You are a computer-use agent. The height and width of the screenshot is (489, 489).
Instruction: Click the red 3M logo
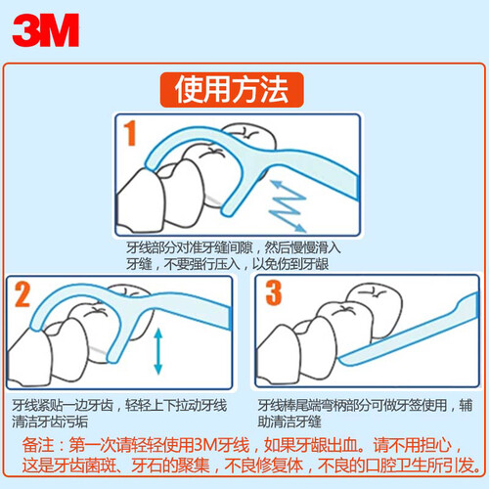coord(46,30)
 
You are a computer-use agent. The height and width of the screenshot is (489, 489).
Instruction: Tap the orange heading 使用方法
coord(232,90)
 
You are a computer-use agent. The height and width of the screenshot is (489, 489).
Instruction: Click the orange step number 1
coord(130,133)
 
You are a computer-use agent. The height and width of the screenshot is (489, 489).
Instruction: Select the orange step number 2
coord(22,294)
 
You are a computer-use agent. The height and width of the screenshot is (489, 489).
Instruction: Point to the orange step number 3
coord(274,293)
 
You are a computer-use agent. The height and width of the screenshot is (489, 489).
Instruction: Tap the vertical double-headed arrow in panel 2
coord(158,351)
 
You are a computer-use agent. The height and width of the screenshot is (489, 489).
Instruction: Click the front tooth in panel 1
coord(141,200)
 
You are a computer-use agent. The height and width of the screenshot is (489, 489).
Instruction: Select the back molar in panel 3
coord(375,310)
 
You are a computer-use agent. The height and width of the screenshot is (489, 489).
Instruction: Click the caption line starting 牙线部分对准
coord(234,248)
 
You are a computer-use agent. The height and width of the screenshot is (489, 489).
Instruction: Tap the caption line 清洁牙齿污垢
coord(50,422)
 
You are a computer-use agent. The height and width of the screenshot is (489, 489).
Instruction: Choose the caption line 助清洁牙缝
coord(289,422)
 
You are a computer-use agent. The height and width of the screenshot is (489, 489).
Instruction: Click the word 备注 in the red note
coord(38,445)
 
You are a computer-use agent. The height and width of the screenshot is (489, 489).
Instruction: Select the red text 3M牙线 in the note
coord(222,445)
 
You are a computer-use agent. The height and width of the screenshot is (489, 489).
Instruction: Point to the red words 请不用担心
coord(413,445)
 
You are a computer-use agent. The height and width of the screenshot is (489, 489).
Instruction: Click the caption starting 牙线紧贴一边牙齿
coord(119,406)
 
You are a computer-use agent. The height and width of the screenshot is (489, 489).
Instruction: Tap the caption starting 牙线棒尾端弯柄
coord(365,406)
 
